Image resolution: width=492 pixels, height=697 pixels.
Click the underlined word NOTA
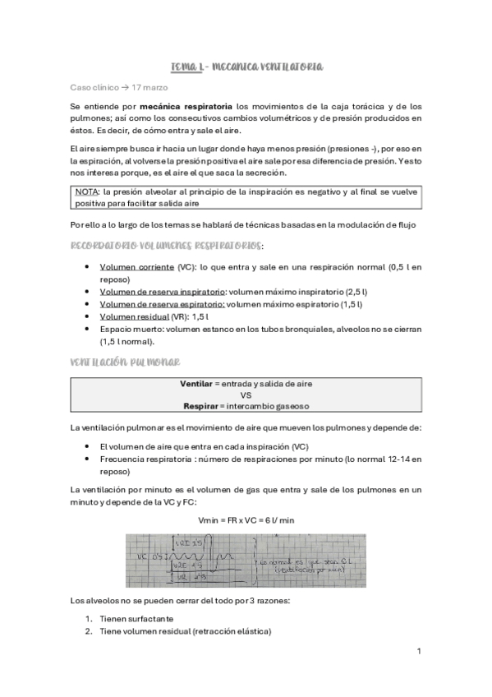(86, 191)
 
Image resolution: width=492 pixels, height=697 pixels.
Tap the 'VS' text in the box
(246, 395)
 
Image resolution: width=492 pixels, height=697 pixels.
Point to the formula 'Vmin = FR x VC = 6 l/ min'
(246, 521)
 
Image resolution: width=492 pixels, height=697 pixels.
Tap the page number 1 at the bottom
(419, 651)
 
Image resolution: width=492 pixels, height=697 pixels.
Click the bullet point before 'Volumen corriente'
(88, 268)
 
